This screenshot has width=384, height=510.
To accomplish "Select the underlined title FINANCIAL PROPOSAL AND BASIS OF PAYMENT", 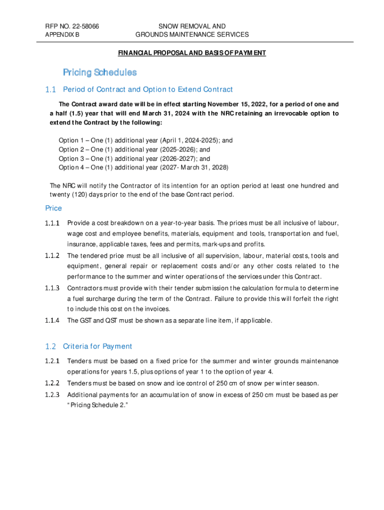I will [x=192, y=53].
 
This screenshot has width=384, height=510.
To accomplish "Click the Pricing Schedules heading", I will [x=100, y=73].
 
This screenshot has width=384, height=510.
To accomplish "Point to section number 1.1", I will [x=50, y=90].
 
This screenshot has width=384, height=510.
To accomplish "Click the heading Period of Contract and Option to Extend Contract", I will [x=148, y=90].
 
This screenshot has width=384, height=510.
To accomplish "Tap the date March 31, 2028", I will [x=204, y=167].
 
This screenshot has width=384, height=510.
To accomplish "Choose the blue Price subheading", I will [x=53, y=208].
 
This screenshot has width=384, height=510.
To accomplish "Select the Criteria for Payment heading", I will [x=97, y=346].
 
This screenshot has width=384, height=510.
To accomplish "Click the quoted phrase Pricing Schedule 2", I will [x=95, y=405].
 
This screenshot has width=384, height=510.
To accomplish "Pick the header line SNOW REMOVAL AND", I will [x=192, y=26].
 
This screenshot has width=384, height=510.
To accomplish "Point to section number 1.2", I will [x=50, y=346].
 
